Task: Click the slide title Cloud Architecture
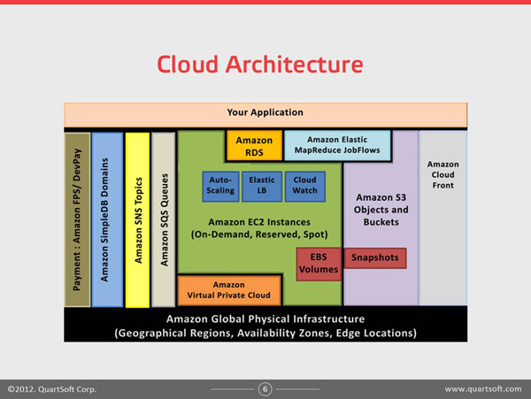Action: coord(260,65)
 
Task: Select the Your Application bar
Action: coord(265,115)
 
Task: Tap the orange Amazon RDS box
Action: coord(254,146)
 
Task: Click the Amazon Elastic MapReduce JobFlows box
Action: coord(337,145)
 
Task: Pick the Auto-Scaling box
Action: coord(220,187)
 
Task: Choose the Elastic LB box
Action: coord(262,187)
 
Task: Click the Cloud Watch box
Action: coord(304,187)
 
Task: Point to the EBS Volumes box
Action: coord(319,264)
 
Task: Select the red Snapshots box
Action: coord(375,257)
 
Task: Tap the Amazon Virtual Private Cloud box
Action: coord(229,290)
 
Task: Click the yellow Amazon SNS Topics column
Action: coord(137,220)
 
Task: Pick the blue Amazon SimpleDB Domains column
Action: coord(107,220)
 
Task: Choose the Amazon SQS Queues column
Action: coord(164,220)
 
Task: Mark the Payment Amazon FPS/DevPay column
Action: coord(77,220)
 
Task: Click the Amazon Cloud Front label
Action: coord(443,174)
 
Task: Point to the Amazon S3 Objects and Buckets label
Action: coord(381,210)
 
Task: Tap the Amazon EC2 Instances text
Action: coord(259,222)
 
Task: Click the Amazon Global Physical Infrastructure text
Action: coord(265,318)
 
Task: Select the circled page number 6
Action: coord(265,389)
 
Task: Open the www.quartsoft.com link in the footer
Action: coord(483,389)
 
